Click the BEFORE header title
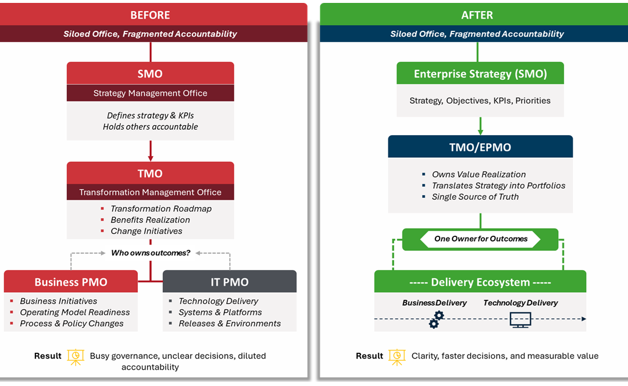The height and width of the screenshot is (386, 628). [150, 15]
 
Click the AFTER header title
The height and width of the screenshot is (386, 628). [477, 15]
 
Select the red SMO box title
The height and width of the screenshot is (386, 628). [150, 74]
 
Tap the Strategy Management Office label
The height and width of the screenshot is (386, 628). [150, 93]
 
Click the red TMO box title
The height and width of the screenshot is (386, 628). [150, 173]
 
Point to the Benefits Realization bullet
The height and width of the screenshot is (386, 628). [150, 220]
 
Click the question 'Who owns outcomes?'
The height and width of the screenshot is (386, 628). [151, 253]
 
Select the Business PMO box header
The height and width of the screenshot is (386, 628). [71, 282]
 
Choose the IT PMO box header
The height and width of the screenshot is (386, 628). [229, 282]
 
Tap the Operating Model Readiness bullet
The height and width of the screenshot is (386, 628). [74, 312]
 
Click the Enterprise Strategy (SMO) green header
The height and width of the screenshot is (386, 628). [480, 74]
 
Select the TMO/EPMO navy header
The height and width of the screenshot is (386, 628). [480, 147]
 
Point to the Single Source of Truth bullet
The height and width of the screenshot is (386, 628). [475, 197]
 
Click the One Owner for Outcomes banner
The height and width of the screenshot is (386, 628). [481, 239]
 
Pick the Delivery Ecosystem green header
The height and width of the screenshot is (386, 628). [480, 282]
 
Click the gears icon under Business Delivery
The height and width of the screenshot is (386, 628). [436, 319]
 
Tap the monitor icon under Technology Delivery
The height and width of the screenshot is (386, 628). [520, 320]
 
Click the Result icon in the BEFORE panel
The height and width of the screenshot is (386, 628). [75, 356]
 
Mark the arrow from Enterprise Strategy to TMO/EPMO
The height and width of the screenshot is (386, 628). [480, 126]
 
